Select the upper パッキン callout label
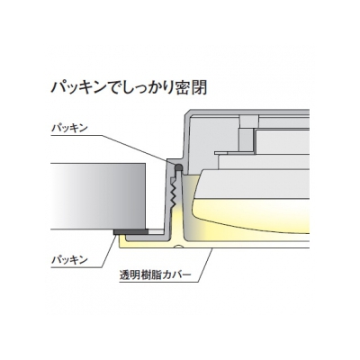coord(69,128)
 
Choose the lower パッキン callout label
coord(69,259)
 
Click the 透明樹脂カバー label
coord(155,274)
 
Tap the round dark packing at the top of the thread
coord(178,167)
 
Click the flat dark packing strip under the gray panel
coord(130,232)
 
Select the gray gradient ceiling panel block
coord(98,196)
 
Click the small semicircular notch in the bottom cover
coord(179,247)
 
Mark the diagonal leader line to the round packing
coord(139,150)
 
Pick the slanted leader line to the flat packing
coord(110,251)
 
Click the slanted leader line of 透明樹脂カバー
coord(205,265)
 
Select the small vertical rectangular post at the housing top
coord(249,134)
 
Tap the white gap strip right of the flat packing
coord(156,232)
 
